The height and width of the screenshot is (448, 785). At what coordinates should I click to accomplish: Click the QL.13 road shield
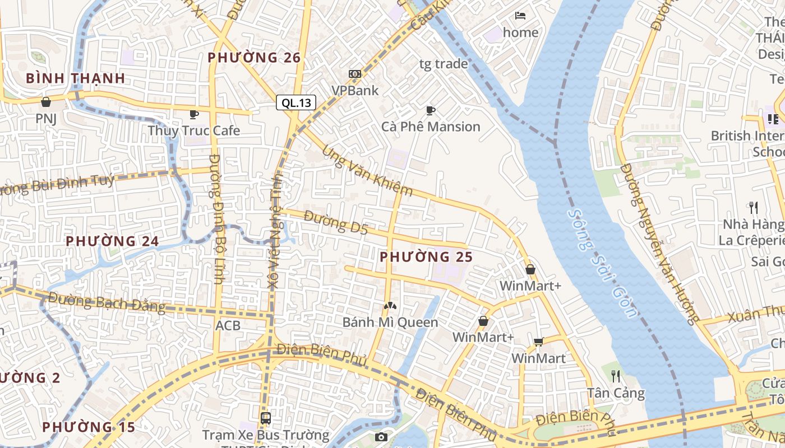(296, 102)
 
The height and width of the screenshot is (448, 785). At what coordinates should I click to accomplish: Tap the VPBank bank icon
(354, 74)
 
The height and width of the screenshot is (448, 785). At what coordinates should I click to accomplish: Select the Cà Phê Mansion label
(431, 127)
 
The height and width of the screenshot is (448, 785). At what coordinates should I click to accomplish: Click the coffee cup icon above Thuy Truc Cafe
(193, 114)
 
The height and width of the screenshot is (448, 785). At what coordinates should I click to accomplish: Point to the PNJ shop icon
(46, 102)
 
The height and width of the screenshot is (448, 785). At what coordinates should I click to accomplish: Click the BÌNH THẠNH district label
(76, 78)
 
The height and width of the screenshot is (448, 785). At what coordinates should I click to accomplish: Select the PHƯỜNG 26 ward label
(254, 58)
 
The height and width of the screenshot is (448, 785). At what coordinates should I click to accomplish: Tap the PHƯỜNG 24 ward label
(112, 241)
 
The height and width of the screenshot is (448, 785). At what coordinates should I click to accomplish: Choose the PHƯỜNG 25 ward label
(426, 257)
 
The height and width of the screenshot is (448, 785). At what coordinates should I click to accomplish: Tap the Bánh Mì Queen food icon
(390, 306)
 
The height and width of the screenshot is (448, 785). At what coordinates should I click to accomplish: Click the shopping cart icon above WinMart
(539, 342)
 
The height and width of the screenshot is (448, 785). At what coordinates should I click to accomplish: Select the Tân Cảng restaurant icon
(615, 375)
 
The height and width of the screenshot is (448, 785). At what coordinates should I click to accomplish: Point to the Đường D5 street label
(336, 222)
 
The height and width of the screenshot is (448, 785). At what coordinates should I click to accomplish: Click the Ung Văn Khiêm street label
(368, 171)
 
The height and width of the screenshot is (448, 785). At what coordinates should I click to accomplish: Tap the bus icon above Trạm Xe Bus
(265, 418)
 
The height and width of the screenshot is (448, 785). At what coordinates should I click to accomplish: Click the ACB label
(228, 325)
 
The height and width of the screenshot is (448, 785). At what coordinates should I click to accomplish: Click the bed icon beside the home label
(520, 15)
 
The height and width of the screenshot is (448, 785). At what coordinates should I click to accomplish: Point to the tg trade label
(443, 64)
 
